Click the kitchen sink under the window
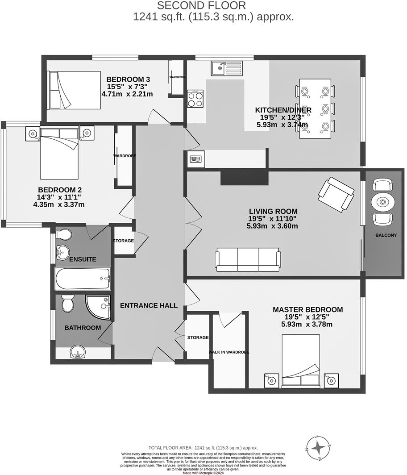(x=226, y=68)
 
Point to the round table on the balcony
(x=382, y=202)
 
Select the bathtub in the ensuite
(x=83, y=279)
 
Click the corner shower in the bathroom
(x=97, y=307)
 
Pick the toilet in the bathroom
(x=68, y=304)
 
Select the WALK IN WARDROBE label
(x=228, y=352)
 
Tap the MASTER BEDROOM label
(x=307, y=309)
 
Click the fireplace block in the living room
(x=244, y=176)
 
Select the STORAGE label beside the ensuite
(x=123, y=241)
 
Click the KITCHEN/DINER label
(x=283, y=110)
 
